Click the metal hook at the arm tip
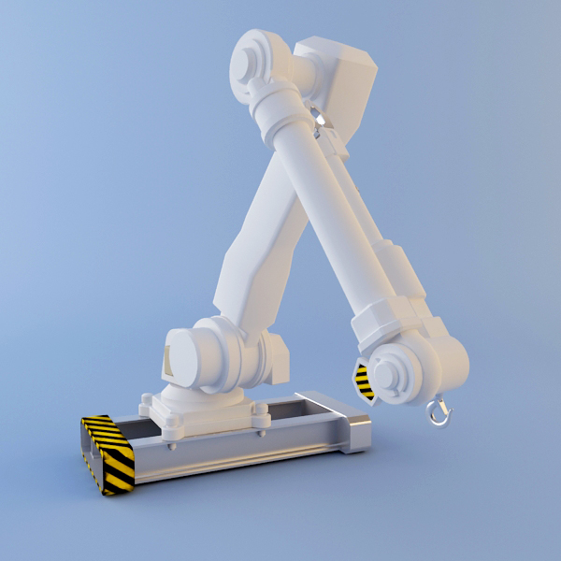pos(437,411)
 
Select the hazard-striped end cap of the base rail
pos(108,454)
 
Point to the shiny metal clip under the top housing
pos(320,119)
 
